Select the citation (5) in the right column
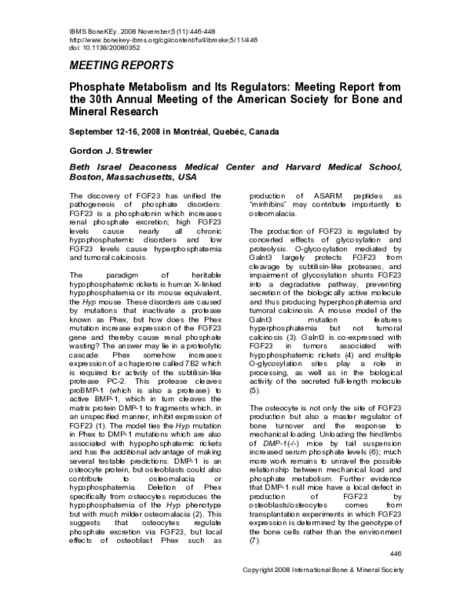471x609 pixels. coord(254,389)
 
